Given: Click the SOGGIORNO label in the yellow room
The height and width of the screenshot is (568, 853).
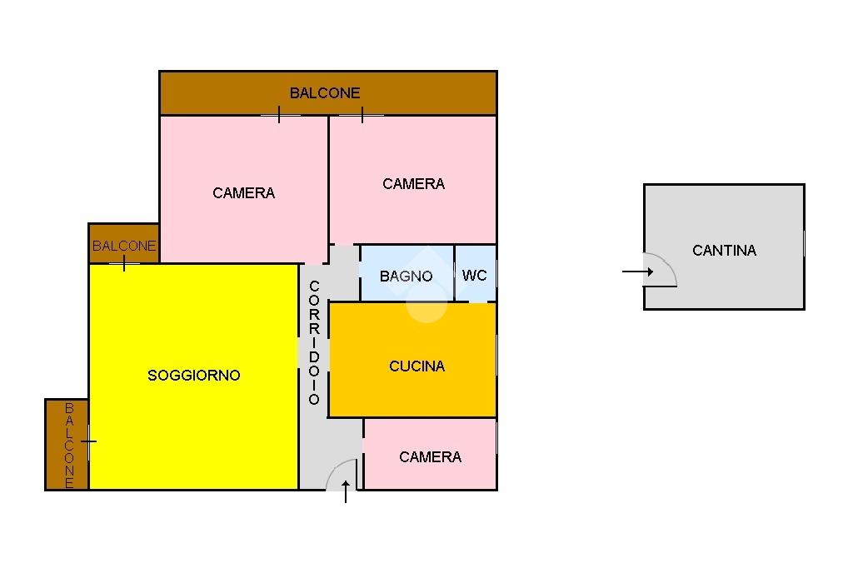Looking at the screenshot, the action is coord(193,376).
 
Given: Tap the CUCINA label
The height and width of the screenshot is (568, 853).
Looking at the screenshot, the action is coord(417,366).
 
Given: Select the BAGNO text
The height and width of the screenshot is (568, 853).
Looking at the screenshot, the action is coord(406,276).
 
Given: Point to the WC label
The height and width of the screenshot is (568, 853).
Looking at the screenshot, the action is coord(474,275).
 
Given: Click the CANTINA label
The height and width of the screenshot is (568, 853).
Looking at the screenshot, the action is coord(724,250).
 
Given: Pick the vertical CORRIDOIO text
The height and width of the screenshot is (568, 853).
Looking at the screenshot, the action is coord(314,343).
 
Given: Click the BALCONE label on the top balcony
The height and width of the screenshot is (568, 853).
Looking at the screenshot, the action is coord(325,93).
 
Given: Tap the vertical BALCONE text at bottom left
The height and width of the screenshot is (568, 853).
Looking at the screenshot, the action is coord(69,445).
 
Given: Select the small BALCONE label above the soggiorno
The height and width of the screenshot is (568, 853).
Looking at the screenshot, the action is coord(124,246).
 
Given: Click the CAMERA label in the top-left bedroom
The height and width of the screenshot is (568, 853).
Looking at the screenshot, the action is coord(243,192).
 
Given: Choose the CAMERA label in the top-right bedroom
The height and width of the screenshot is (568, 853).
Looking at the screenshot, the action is coord(413,183).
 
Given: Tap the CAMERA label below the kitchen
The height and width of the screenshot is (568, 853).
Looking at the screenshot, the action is coord(430,456).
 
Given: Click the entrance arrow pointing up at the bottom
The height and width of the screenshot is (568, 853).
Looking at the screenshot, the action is coord(346,492).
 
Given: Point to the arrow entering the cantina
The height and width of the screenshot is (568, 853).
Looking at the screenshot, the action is coord(637,272).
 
